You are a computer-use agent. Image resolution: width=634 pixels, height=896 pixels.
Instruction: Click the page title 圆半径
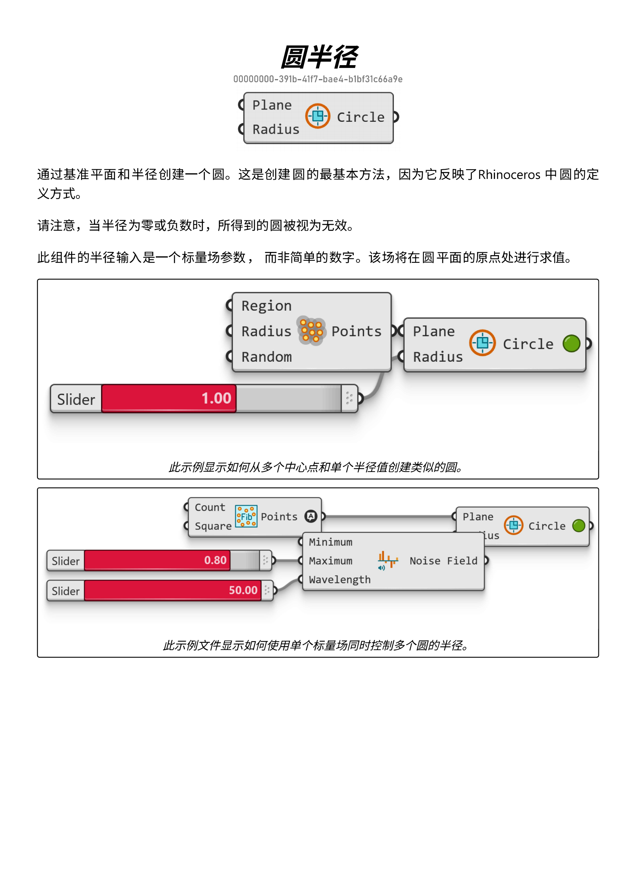(x=318, y=57)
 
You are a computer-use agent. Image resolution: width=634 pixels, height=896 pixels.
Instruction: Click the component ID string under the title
(x=318, y=79)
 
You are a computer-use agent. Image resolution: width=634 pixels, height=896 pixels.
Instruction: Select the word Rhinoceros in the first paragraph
(x=509, y=175)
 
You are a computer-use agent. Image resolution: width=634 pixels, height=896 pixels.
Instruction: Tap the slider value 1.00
(x=216, y=398)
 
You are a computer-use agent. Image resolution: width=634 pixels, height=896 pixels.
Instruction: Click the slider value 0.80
(x=215, y=560)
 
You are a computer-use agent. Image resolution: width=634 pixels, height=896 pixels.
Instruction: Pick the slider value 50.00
(x=243, y=590)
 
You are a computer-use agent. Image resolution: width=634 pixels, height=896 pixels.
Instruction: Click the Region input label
(x=266, y=306)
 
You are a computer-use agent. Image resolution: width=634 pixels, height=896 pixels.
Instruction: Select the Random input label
(x=266, y=357)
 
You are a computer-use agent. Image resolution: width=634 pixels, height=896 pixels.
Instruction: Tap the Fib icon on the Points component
(x=246, y=516)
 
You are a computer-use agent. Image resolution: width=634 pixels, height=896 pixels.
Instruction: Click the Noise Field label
(x=443, y=561)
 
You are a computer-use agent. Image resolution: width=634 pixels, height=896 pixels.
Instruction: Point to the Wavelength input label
(x=340, y=580)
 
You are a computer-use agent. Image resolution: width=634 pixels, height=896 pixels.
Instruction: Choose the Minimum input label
(x=330, y=542)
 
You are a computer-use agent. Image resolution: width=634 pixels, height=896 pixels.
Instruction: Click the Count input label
(x=210, y=507)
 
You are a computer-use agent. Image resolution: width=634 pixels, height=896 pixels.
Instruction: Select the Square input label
(x=213, y=526)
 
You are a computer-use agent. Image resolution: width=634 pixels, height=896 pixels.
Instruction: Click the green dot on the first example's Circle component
(x=571, y=343)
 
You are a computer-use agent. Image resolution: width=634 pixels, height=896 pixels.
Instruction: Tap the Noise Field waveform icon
(x=388, y=560)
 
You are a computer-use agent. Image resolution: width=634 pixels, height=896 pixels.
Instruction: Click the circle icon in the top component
(x=318, y=116)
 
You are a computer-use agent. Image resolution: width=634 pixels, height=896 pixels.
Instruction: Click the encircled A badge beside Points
(x=310, y=516)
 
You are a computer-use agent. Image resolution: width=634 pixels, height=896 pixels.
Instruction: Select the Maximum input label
(x=330, y=561)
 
